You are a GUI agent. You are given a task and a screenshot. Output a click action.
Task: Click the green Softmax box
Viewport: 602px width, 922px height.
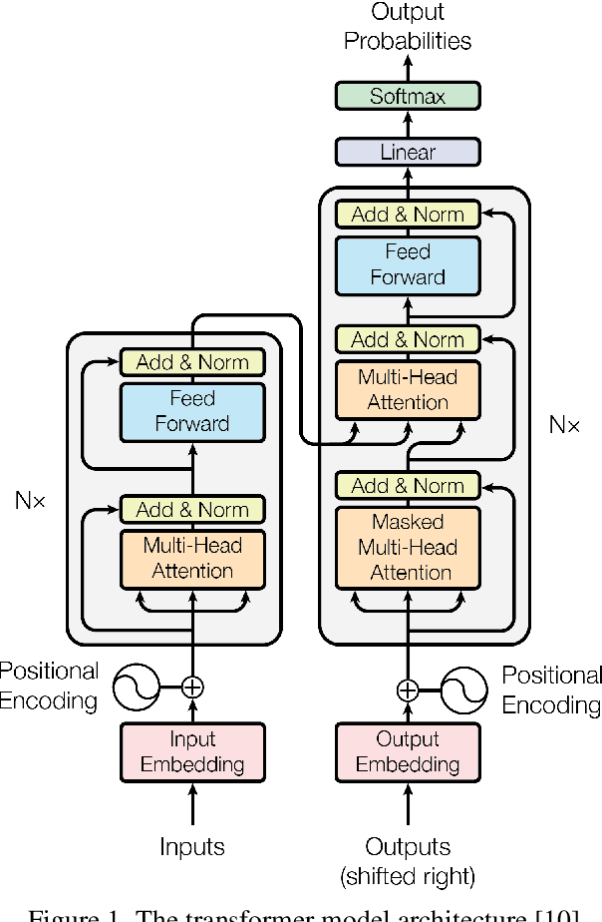tap(407, 96)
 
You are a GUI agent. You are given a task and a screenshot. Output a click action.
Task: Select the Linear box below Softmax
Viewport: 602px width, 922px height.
tap(407, 152)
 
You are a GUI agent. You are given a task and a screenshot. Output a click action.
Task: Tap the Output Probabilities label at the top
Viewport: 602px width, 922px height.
tap(407, 27)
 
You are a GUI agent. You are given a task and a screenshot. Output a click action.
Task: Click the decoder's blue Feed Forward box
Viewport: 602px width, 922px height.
tap(407, 264)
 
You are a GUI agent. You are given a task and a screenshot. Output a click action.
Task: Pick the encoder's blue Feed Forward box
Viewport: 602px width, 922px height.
tap(191, 411)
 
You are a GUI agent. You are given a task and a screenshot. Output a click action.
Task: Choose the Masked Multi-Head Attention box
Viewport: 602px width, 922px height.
tap(407, 547)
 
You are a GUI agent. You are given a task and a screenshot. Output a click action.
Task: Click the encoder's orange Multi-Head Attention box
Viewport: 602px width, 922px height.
tap(191, 558)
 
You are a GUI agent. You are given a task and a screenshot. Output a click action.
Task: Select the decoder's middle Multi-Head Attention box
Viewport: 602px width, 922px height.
tap(407, 389)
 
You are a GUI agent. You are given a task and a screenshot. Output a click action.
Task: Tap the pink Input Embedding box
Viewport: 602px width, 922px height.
tap(191, 751)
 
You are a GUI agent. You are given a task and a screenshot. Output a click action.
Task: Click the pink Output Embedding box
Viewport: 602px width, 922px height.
tap(407, 751)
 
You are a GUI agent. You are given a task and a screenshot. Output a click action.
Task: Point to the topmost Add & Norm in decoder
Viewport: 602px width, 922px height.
tap(407, 214)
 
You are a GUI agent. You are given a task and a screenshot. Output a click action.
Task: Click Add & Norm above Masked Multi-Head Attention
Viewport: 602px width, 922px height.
tap(407, 486)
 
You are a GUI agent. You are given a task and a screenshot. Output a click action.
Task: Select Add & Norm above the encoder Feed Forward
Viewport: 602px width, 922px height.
tap(191, 361)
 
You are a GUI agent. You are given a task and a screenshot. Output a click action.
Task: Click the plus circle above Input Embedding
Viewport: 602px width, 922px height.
tap(192, 687)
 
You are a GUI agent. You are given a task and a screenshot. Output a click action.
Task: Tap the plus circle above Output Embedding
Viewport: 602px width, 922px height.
tap(407, 690)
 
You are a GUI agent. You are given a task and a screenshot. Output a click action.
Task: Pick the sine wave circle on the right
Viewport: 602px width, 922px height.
tap(462, 690)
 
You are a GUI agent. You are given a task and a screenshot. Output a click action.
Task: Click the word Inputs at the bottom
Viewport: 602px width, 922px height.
tap(191, 847)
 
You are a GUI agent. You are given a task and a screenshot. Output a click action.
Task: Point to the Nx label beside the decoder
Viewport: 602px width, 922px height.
tap(564, 425)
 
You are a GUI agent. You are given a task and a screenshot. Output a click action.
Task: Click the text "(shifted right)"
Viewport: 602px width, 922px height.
tap(407, 876)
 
